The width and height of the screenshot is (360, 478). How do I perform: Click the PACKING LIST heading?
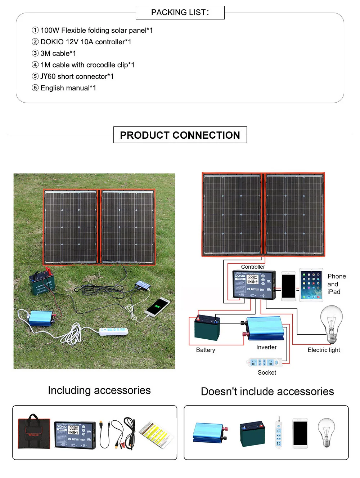coord(180,13)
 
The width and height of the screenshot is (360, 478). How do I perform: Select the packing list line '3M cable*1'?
coord(58,53)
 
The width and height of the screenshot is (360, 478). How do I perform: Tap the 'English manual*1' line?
coord(68,88)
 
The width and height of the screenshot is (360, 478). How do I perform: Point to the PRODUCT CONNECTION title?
coord(180,135)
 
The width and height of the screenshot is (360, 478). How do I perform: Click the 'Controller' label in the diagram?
coord(253,267)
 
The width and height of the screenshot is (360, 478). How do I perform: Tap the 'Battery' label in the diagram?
coord(206,350)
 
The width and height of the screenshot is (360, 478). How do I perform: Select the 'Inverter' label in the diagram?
coord(266,347)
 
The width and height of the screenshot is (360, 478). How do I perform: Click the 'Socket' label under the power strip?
coord(267,372)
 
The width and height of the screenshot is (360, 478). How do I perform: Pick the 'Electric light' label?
coord(324,350)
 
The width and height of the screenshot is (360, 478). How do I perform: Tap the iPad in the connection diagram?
coord(311,285)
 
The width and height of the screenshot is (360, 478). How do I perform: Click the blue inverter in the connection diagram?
coord(265,328)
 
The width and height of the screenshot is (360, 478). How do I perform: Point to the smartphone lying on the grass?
coord(157,307)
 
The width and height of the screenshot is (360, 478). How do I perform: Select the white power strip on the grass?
coord(113,330)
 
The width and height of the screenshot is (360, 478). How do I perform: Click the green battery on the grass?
coord(42,283)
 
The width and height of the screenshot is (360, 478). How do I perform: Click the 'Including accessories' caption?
coord(99,390)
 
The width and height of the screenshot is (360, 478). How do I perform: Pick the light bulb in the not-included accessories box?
coord(326,432)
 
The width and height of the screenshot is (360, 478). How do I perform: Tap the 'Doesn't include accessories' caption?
coord(267,392)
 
